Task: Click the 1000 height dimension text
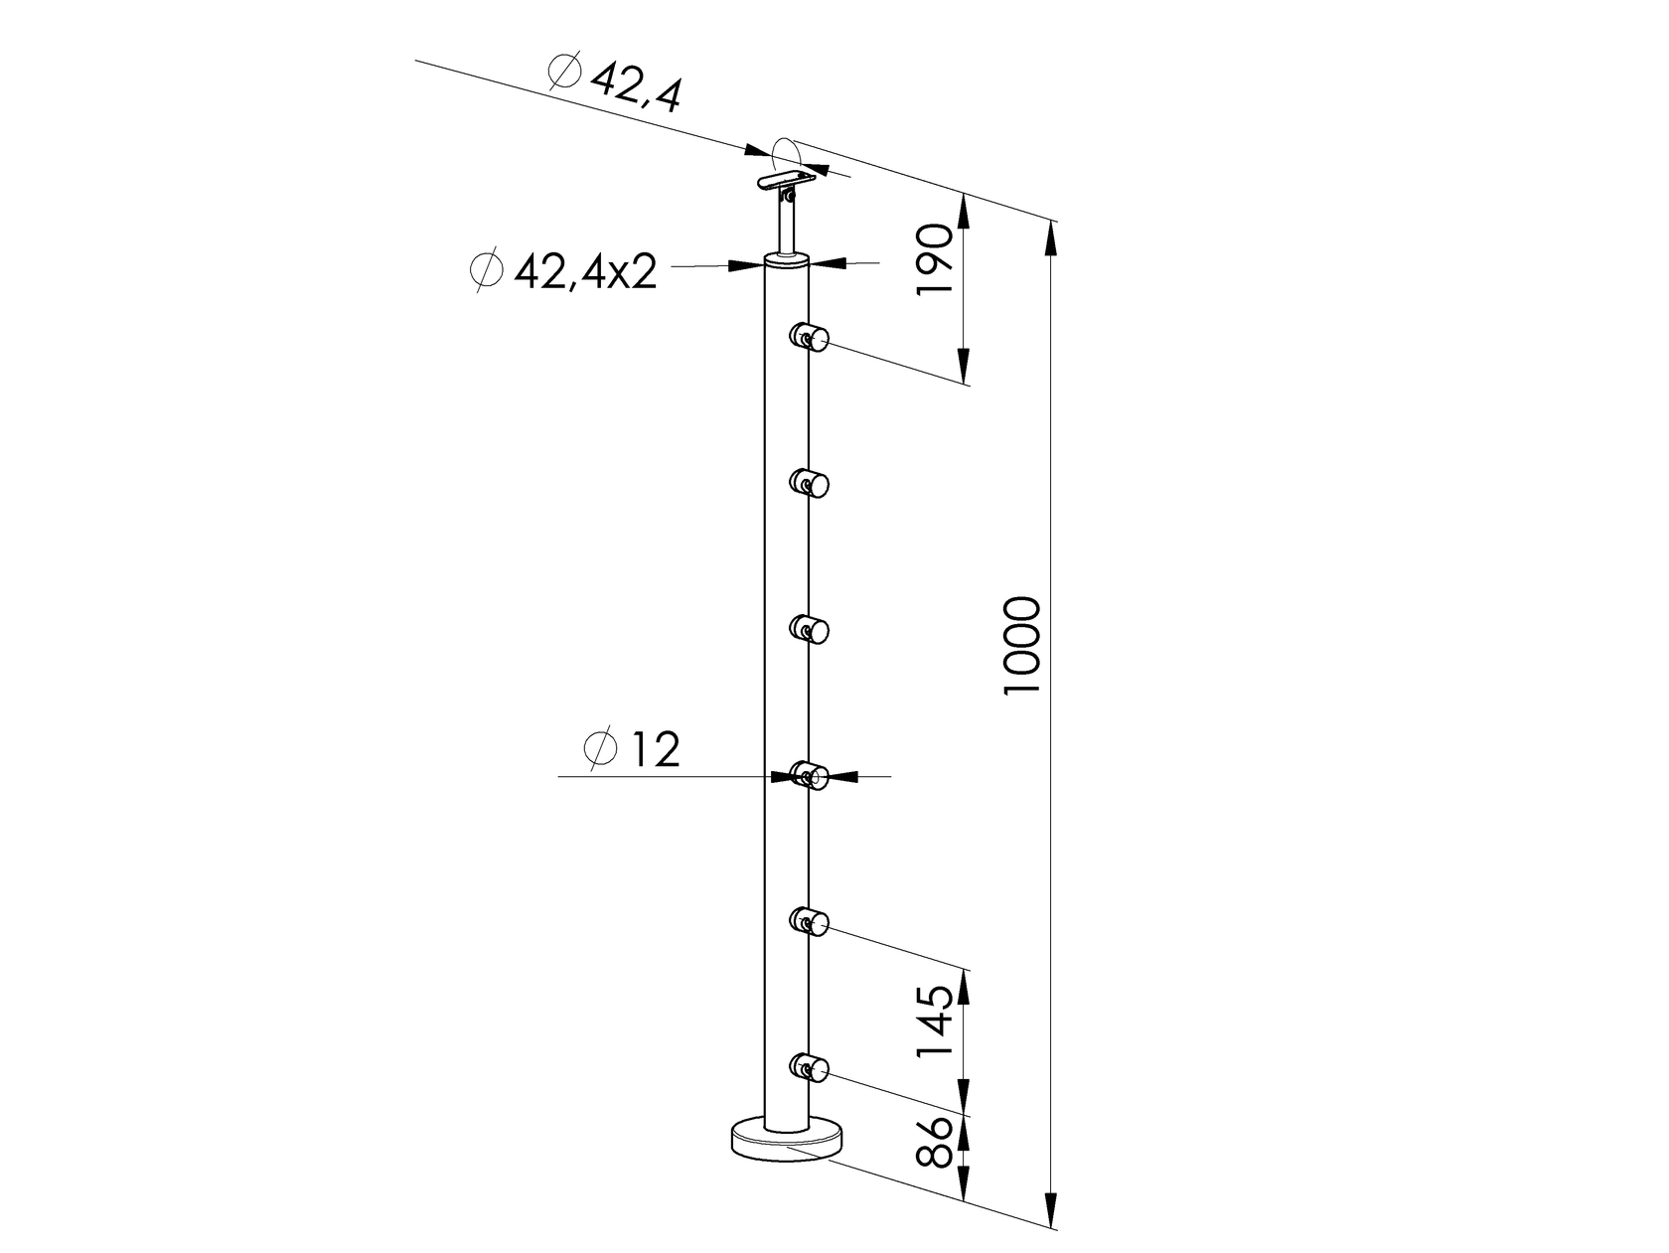(1022, 646)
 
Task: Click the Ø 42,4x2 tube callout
(563, 270)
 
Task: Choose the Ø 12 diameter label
(634, 750)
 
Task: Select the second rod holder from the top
(810, 483)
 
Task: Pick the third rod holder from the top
(810, 629)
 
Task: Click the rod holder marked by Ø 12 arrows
(810, 775)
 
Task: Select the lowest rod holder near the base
(810, 1067)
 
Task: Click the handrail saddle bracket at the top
(785, 181)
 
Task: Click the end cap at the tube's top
(787, 261)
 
